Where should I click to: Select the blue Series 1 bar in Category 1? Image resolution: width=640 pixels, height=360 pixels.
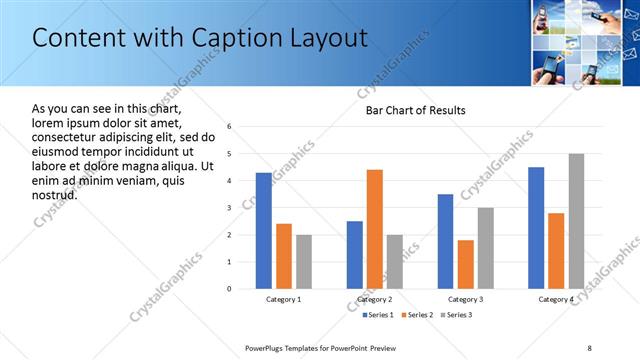click(x=263, y=230)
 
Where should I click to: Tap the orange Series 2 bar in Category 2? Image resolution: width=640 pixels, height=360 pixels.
click(x=375, y=229)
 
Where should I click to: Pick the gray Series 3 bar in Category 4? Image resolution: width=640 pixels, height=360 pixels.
click(x=576, y=221)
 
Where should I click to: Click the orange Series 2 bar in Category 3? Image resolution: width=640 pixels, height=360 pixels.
click(x=465, y=264)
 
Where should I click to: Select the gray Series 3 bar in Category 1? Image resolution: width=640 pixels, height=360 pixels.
click(x=303, y=261)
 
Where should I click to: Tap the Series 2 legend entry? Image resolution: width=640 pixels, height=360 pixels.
click(x=416, y=315)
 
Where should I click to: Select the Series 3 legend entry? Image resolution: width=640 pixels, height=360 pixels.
click(x=458, y=315)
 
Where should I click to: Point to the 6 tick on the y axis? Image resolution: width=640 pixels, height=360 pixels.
click(x=229, y=127)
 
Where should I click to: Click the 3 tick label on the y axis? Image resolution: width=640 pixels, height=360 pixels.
click(x=229, y=208)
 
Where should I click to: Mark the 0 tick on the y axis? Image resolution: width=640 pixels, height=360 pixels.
click(x=229, y=289)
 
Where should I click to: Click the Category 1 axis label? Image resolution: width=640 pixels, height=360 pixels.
click(x=283, y=299)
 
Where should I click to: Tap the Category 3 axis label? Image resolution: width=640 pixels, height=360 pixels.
click(x=465, y=299)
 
